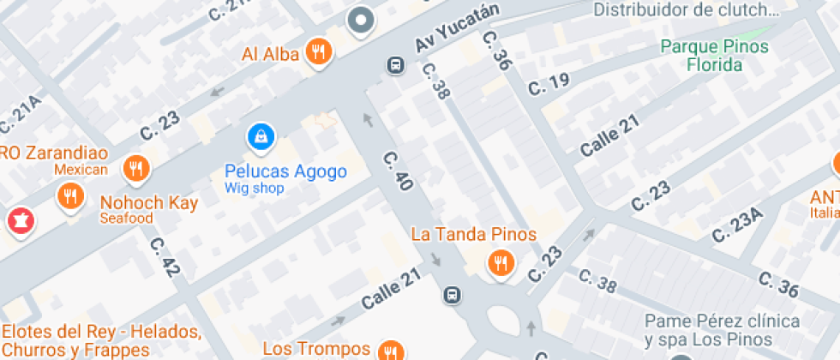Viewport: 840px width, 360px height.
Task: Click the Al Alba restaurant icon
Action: (x=319, y=51)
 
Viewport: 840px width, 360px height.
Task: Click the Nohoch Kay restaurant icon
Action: (x=71, y=198)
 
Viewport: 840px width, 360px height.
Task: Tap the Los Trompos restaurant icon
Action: (x=391, y=350)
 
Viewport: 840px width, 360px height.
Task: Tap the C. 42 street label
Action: (x=165, y=256)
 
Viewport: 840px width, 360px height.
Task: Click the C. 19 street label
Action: (x=549, y=84)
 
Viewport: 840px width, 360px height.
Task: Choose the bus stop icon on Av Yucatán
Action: (x=395, y=65)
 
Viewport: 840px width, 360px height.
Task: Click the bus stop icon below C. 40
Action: (x=452, y=296)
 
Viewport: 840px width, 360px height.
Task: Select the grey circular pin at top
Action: (x=361, y=20)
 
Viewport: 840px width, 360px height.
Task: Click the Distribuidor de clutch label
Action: (x=687, y=10)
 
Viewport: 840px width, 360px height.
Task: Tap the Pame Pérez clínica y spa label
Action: (x=723, y=331)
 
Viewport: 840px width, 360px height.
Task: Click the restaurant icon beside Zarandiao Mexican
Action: (x=135, y=169)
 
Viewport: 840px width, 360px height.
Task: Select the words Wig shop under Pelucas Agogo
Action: (x=254, y=188)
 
